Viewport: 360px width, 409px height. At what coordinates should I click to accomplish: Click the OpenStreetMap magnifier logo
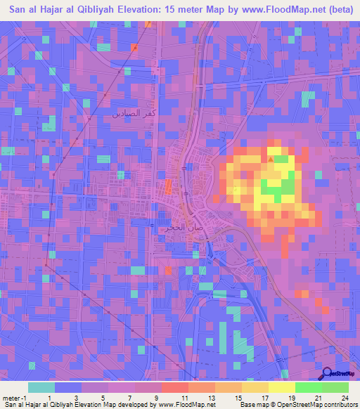tap(327, 374)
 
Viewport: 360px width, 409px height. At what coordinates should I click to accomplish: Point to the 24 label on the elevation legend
tap(344, 397)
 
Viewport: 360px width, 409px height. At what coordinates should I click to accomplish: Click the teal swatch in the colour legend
tap(41, 387)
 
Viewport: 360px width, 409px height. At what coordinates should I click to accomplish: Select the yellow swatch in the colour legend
tap(281, 387)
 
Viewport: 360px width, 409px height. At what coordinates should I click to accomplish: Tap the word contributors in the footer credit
tap(340, 405)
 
